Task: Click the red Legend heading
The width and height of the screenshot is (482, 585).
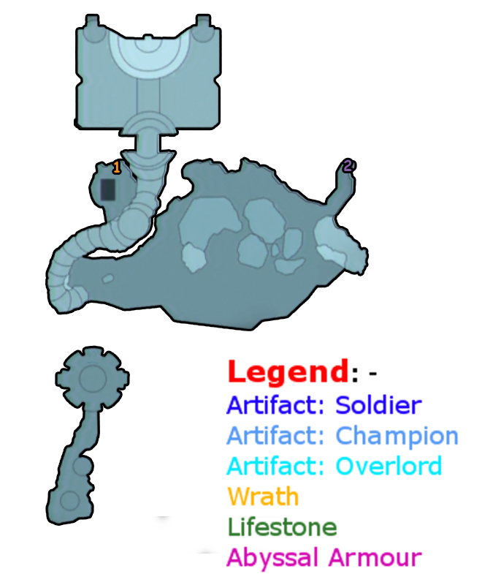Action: point(288,371)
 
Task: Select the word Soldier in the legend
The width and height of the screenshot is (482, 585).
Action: point(378,404)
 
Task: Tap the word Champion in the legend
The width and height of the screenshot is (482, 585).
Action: point(397,436)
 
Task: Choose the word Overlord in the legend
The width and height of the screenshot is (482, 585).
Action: point(389,466)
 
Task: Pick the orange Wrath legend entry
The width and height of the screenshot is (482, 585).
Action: point(263,497)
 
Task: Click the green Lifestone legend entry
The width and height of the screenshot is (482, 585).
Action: point(282,526)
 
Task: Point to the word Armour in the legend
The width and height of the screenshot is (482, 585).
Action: point(375,557)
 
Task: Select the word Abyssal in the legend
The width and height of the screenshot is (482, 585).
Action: point(272,557)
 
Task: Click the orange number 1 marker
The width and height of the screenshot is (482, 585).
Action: point(116,168)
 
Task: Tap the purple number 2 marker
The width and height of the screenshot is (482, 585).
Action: point(348,166)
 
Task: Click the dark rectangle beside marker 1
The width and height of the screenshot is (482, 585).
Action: point(107,189)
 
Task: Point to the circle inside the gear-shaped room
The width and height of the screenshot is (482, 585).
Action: point(93,378)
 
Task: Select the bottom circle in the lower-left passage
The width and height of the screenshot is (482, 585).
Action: point(69,501)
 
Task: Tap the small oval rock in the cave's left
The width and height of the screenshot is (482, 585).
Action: point(107,279)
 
